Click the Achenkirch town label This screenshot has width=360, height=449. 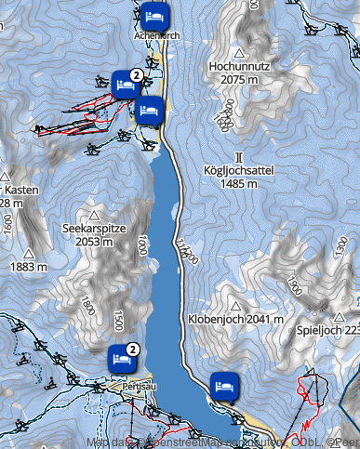point(156,34)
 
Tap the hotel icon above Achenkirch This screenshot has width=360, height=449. point(154,16)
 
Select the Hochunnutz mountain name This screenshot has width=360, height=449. point(239,68)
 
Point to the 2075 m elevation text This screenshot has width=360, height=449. point(239,81)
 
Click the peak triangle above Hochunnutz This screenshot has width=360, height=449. point(239,53)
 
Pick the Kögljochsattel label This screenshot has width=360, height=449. point(239,171)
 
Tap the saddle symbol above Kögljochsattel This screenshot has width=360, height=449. point(239,157)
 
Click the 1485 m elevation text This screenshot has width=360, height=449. point(239,184)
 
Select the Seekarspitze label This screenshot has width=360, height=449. point(93,228)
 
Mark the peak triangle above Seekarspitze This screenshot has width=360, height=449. point(93,213)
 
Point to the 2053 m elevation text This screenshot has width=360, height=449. point(93,241)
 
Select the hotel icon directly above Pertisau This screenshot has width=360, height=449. point(120,356)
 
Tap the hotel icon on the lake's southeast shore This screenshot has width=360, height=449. point(223,384)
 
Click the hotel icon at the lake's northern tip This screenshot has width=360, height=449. point(150,112)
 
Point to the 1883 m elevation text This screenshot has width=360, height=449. point(28,267)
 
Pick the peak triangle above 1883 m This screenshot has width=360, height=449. point(28,253)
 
